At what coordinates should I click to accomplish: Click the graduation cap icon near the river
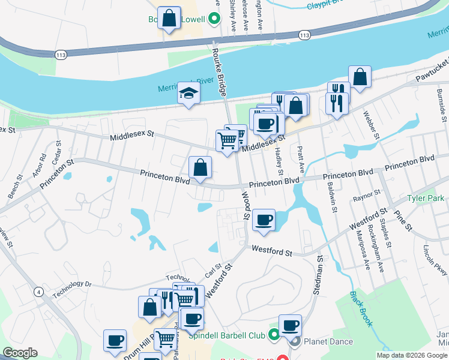point(188,94)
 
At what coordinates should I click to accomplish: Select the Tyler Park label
point(424,199)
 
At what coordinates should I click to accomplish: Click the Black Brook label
point(360,309)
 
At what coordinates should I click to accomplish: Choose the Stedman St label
point(318,275)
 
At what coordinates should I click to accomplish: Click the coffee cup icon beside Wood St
point(263,219)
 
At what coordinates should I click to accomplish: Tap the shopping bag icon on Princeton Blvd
point(200,167)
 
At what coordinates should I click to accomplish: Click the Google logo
point(20,353)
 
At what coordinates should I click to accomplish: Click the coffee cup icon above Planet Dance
point(289,325)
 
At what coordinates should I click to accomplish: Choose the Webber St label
point(370,124)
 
